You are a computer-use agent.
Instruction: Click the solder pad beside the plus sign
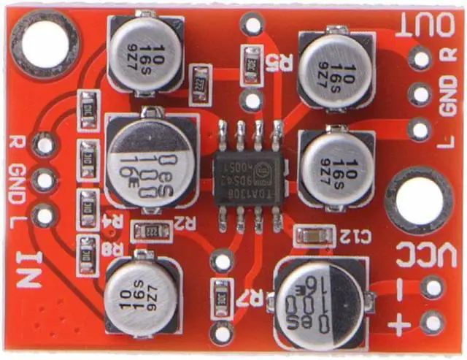pyautogui.click(x=432, y=321)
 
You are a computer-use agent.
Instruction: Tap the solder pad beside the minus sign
pyautogui.click(x=432, y=288)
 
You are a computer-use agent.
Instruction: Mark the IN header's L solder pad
pyautogui.click(x=45, y=215)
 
